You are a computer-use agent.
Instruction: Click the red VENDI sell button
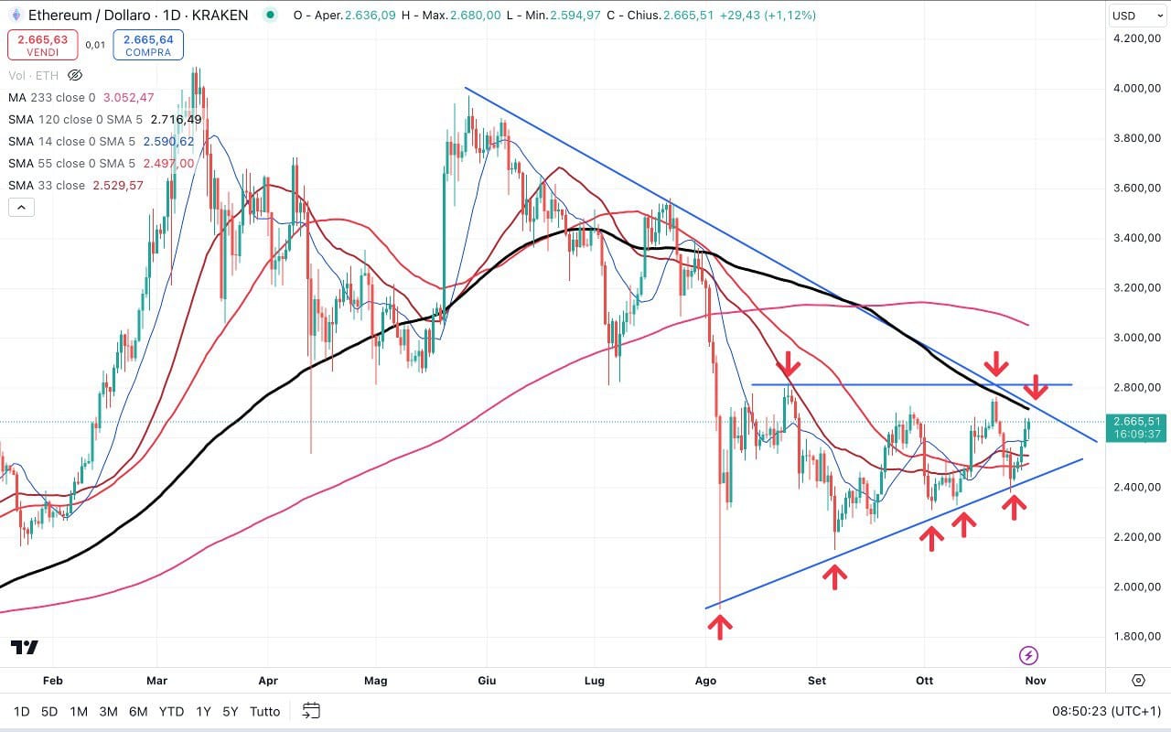(43, 45)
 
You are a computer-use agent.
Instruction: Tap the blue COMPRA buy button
(148, 45)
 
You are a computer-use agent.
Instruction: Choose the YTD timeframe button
(171, 711)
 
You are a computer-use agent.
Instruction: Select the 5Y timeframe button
(231, 711)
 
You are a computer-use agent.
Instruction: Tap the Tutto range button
(265, 711)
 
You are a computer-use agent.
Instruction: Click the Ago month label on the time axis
(705, 680)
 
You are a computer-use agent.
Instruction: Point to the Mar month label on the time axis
(157, 680)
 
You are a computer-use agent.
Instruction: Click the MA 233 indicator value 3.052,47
(129, 98)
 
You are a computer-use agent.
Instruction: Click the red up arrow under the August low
(720, 627)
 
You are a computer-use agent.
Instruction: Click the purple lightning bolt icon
(1028, 655)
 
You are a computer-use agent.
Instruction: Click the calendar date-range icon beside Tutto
(311, 711)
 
